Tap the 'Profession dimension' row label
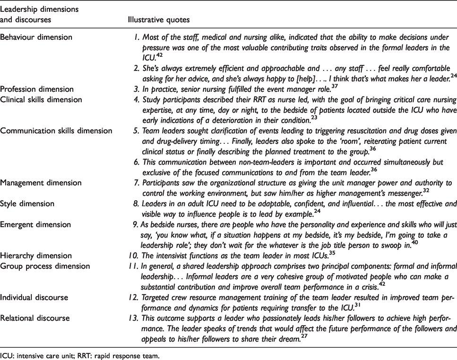pyautogui.click(x=34, y=88)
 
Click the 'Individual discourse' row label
pyautogui.click(x=31, y=296)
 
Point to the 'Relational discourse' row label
pyautogui.click(x=32, y=317)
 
